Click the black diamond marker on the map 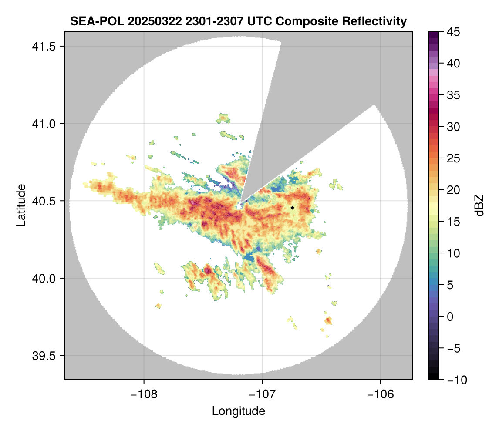tap(293, 208)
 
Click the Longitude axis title tap(238, 411)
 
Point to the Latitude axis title tap(21, 205)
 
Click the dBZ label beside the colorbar tap(479, 205)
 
